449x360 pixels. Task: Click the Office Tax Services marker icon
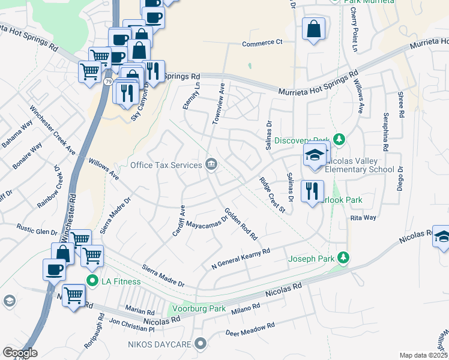211,164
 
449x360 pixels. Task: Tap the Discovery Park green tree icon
340,140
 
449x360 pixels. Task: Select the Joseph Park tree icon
343,258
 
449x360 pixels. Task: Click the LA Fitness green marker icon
92,281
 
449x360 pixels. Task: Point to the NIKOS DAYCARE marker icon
200,344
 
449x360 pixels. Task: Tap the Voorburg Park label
199,309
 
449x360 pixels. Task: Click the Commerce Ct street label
262,43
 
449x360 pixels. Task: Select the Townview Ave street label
218,104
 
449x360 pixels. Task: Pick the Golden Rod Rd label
241,224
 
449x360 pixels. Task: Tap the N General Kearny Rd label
241,259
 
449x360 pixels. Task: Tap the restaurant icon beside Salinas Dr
311,192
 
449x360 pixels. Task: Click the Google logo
20,353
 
